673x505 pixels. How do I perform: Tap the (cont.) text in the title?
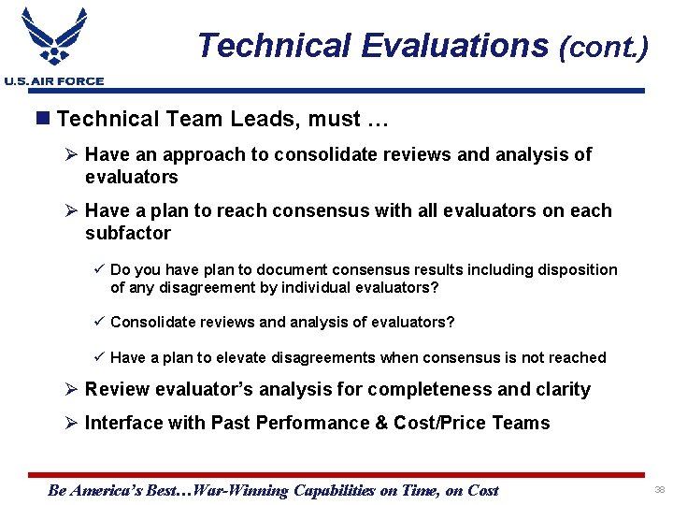click(x=602, y=47)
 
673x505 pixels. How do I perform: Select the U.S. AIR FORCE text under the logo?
click(x=53, y=82)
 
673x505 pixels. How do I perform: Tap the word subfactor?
click(x=128, y=233)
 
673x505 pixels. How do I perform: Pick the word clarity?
click(x=560, y=389)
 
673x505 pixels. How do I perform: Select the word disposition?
click(x=572, y=270)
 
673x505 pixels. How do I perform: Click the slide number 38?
click(x=658, y=490)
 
